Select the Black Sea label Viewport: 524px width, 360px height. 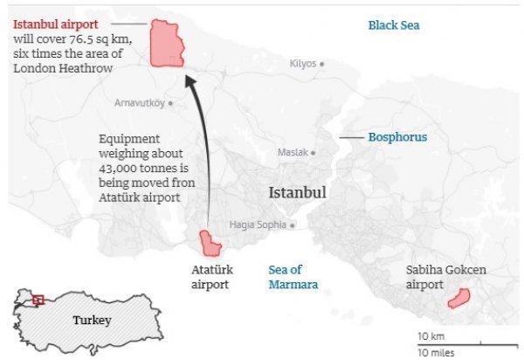pos(393,25)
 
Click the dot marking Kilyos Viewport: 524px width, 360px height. pos(322,64)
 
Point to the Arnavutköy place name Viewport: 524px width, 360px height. pos(139,103)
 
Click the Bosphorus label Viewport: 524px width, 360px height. pos(396,137)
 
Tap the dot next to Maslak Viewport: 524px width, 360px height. pos(314,152)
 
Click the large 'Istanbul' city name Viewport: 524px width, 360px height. pos(297,192)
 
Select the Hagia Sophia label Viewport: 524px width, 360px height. pos(258,225)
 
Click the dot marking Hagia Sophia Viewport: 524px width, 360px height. pos(293,225)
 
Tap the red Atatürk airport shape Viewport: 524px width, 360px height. pos(210,242)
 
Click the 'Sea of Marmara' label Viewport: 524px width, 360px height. pos(293,277)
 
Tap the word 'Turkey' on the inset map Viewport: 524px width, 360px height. pos(92,321)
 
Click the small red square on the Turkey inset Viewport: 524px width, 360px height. pos(37,300)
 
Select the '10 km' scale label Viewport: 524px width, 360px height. pos(431,336)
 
